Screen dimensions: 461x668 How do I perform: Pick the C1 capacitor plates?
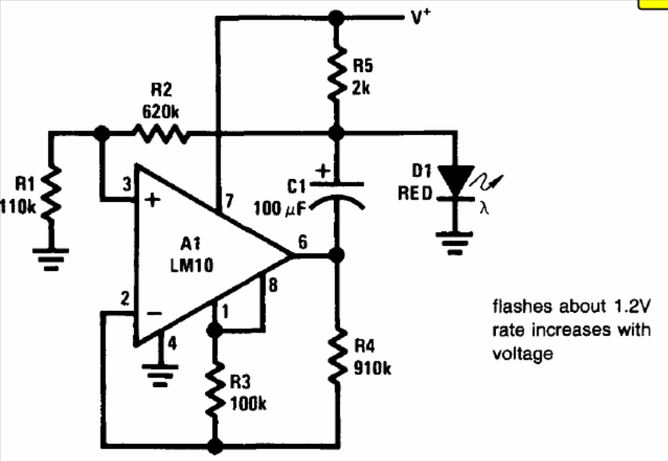coord(337,192)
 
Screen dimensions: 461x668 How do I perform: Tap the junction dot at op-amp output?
coord(337,255)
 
